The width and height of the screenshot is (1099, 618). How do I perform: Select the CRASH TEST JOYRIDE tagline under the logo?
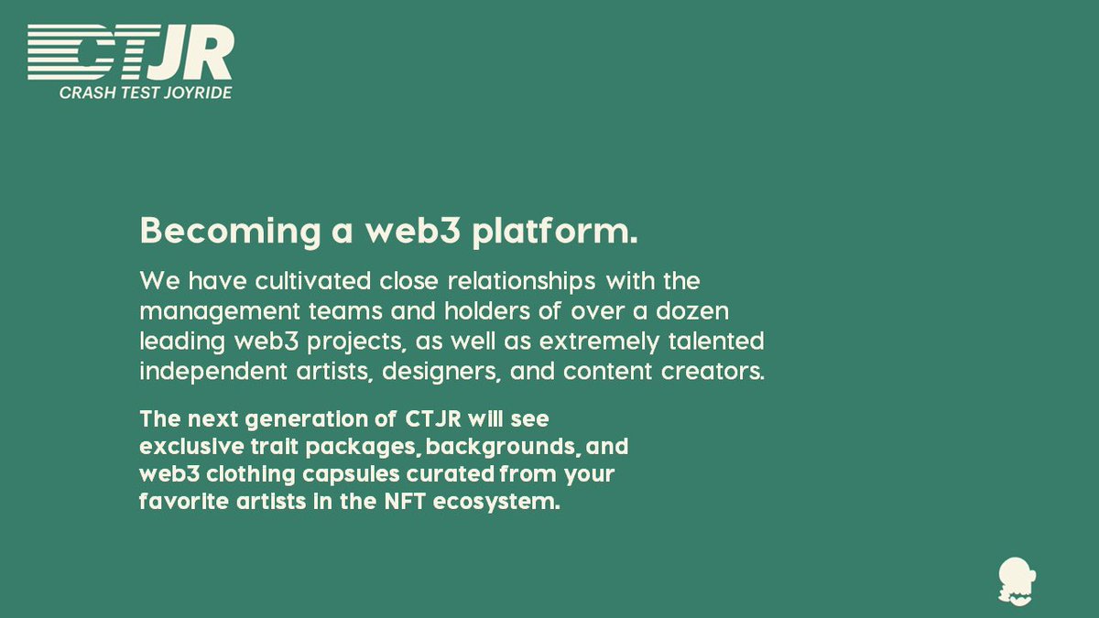coord(145,92)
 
